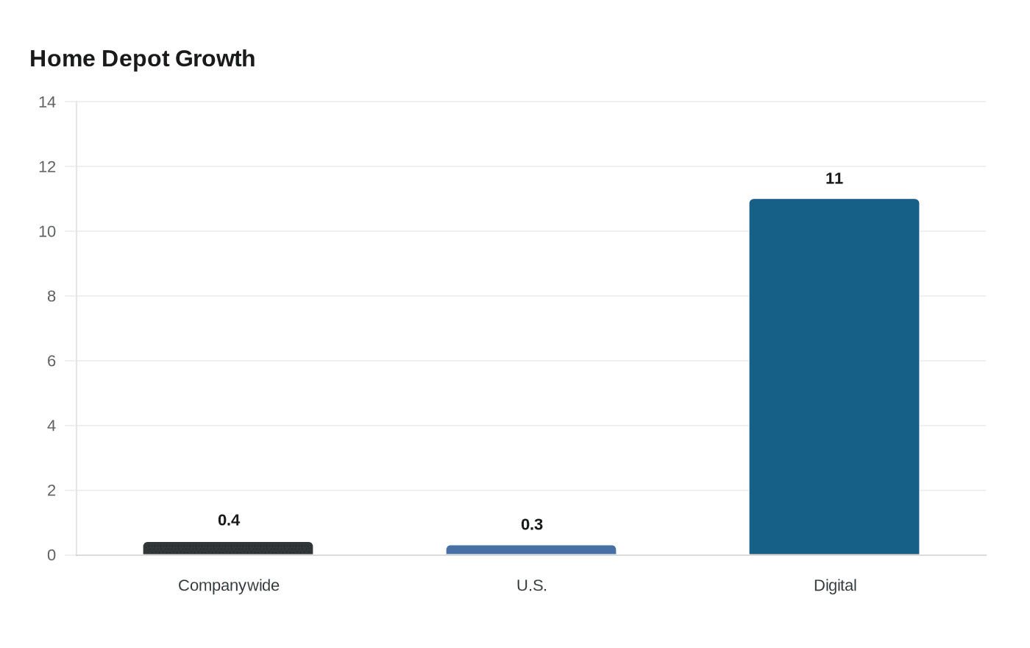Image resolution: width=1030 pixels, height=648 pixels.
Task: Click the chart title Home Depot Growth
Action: (142, 58)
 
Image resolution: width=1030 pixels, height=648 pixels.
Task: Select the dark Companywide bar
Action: (228, 549)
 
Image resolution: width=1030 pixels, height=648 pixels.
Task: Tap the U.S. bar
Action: (531, 550)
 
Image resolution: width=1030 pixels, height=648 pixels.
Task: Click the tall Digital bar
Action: (834, 377)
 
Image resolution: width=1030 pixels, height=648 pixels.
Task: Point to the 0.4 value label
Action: (229, 520)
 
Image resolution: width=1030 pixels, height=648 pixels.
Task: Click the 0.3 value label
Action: (532, 524)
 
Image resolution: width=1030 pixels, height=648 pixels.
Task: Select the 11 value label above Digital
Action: (834, 178)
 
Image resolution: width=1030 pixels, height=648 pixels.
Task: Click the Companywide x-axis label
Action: (229, 585)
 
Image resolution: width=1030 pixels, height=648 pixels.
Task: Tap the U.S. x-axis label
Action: (532, 585)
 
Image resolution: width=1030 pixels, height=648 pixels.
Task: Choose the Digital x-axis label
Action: (835, 585)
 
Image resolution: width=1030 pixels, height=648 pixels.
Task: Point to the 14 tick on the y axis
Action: (47, 102)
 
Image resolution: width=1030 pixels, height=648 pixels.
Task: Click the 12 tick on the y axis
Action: (47, 167)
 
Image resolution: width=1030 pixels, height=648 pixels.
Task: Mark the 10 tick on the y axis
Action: (47, 232)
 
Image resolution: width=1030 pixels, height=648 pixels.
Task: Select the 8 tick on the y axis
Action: (51, 296)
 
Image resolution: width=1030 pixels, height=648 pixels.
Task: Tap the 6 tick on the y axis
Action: (51, 361)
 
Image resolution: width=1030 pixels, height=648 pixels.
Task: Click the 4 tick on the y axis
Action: (51, 426)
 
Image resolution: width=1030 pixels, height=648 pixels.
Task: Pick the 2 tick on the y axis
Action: (51, 490)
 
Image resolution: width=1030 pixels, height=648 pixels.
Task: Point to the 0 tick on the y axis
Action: (51, 555)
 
